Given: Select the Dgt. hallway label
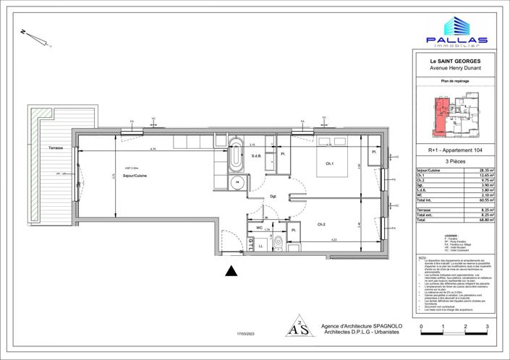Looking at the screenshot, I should click(x=273, y=196).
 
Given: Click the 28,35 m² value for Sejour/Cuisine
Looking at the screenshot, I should click(x=487, y=168).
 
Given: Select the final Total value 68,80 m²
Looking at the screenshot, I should click(x=487, y=219).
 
